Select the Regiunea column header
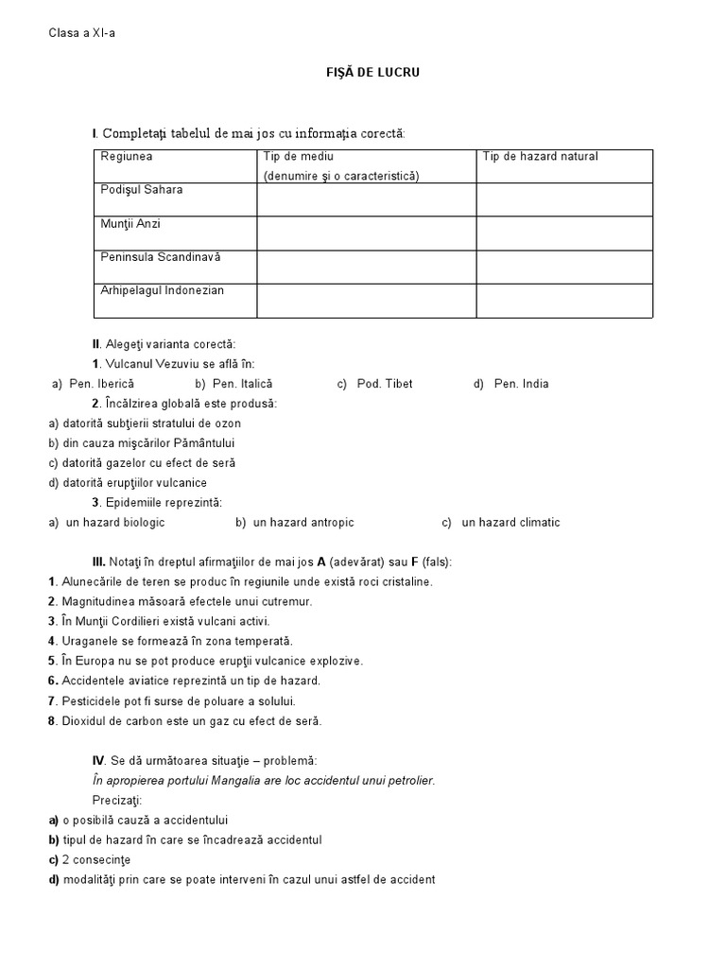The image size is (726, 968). (x=127, y=157)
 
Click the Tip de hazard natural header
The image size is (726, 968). (x=540, y=157)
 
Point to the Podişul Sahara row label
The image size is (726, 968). (x=142, y=190)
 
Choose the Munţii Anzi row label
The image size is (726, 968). (x=131, y=224)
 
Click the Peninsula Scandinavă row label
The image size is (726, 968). (x=160, y=257)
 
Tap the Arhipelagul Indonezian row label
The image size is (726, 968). (x=163, y=290)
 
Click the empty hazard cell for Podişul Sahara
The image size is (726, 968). (x=563, y=199)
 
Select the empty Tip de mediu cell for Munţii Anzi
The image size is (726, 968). (x=366, y=233)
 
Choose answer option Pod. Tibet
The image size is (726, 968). (x=384, y=384)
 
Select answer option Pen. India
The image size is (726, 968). (x=521, y=384)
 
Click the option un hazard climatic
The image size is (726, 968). (x=510, y=522)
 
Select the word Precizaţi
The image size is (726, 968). (x=117, y=800)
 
